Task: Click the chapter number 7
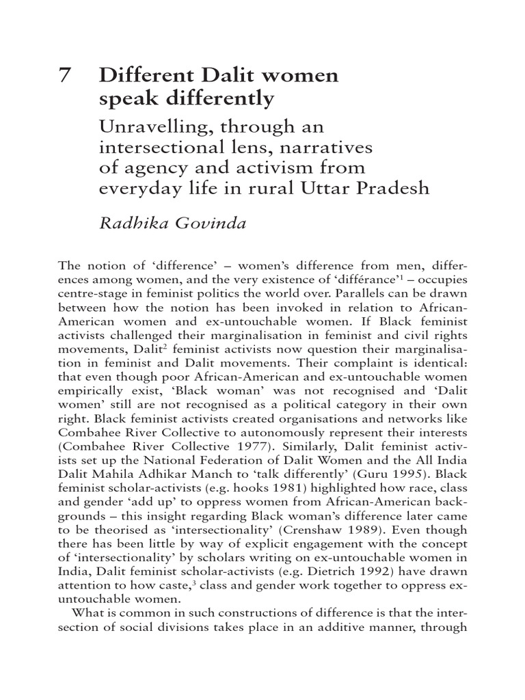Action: [x=64, y=75]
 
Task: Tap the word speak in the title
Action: [x=127, y=99]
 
